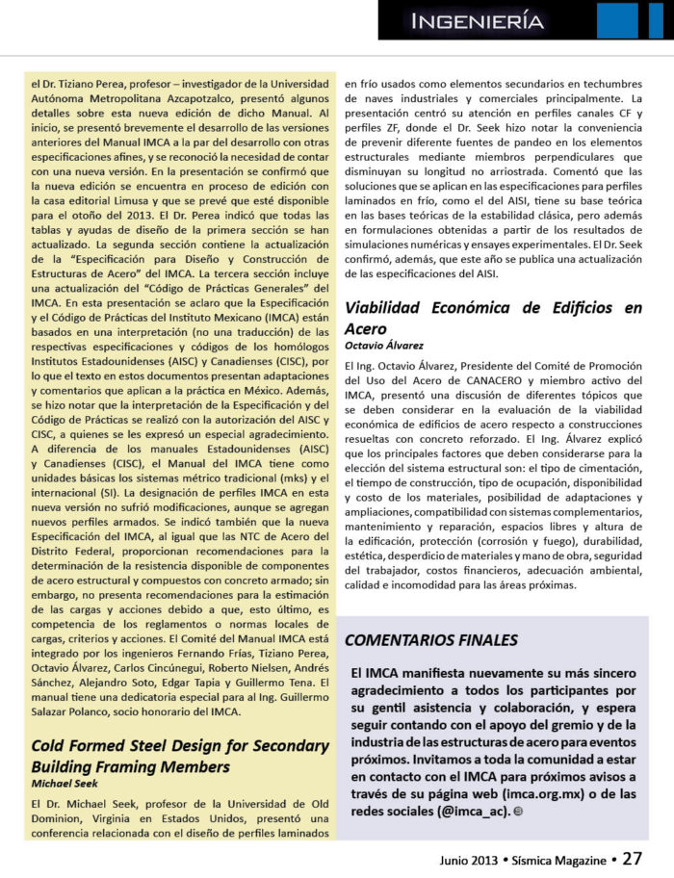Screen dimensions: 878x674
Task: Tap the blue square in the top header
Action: (x=616, y=20)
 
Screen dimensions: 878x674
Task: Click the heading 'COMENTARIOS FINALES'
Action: (x=430, y=640)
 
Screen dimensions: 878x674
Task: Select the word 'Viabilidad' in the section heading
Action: (x=389, y=308)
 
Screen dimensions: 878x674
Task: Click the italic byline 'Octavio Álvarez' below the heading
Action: (x=383, y=345)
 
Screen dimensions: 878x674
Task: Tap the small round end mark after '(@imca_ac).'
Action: (x=520, y=813)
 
